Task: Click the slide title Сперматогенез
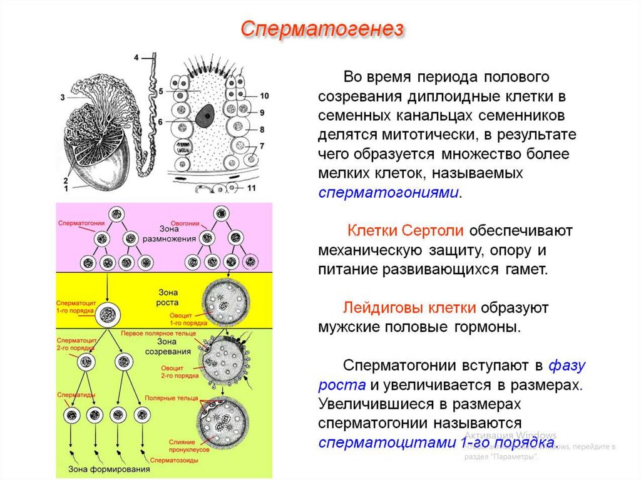tap(322, 29)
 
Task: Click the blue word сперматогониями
tap(389, 192)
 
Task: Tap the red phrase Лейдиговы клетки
tap(409, 308)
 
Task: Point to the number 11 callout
tap(251, 188)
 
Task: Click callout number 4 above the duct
tap(137, 58)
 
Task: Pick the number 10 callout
tap(264, 96)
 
